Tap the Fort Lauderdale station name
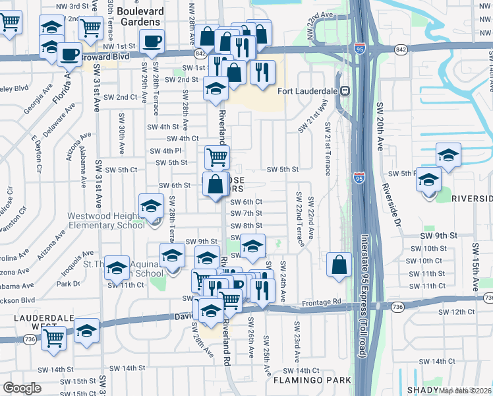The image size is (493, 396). tap(307, 91)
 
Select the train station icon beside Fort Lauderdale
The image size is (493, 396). tap(344, 91)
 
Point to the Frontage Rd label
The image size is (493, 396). tap(324, 302)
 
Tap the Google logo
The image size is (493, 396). tap(22, 388)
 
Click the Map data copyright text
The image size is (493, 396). tap(465, 391)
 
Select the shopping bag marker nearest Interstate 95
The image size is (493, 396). tap(338, 265)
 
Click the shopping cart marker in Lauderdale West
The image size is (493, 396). tap(54, 339)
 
